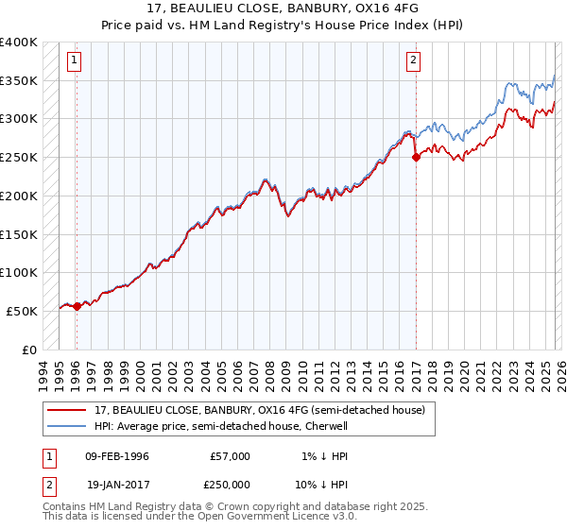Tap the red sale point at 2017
click(416, 158)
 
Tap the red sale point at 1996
click(77, 306)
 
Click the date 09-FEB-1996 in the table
click(117, 456)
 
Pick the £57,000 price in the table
click(230, 456)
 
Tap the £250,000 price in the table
click(230, 483)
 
